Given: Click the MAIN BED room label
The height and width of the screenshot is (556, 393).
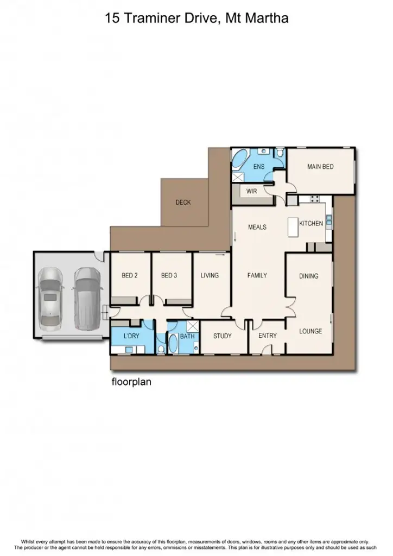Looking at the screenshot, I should point(320,167).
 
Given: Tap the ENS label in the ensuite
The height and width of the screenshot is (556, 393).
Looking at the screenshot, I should point(259,167).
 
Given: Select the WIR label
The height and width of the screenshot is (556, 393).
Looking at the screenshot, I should point(251,191).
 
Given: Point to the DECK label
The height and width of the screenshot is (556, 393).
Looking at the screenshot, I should point(183,203).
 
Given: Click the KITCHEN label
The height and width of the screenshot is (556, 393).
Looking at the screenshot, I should point(311,223).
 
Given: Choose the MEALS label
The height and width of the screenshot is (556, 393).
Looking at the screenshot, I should point(257,227).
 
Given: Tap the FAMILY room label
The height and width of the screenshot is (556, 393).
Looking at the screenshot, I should point(257,275).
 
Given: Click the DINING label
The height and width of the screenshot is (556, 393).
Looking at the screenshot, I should point(309,276).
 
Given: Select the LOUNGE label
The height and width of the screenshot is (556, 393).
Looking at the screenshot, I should point(310,331).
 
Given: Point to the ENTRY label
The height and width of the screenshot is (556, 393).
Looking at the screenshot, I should point(268,336).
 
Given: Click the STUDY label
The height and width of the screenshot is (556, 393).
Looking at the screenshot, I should point(223,336).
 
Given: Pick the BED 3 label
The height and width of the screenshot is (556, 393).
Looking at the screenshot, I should point(169,275).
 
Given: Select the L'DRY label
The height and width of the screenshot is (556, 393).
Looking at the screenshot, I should point(132,336).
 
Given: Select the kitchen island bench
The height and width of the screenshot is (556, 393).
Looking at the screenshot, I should point(294,226).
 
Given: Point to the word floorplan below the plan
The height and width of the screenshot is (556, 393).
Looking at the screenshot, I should point(131,382).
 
